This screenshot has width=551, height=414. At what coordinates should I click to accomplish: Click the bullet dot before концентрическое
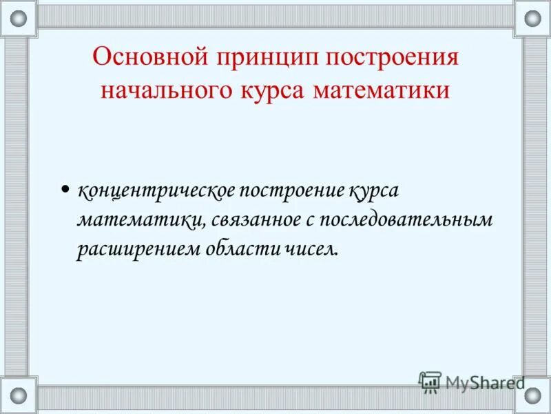[65, 188]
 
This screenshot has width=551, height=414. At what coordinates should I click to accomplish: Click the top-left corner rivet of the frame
[19, 19]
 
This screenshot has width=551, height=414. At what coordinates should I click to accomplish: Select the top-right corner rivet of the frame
[532, 19]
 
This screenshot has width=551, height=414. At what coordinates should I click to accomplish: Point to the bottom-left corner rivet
[19, 395]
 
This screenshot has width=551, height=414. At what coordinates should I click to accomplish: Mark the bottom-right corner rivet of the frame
[532, 395]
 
